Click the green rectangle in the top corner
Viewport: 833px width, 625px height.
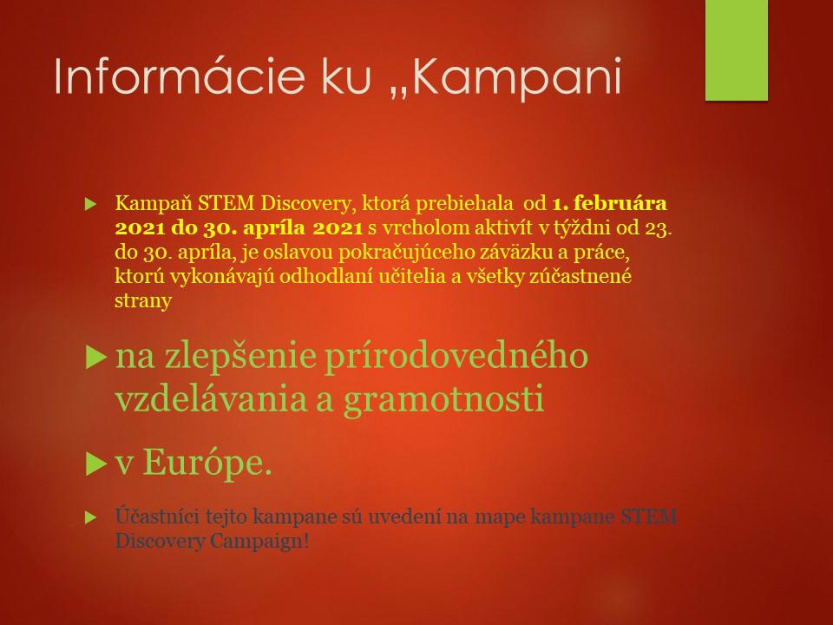pos(737,50)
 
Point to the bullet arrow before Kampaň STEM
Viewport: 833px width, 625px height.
pos(91,204)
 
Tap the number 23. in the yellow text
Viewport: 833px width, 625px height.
pos(659,228)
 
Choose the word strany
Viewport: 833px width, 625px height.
pos(143,301)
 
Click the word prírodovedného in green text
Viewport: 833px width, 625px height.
pos(456,357)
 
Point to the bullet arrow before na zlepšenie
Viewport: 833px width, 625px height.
pos(96,357)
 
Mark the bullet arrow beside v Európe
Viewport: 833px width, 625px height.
pos(96,464)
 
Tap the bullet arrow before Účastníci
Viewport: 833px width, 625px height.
pos(91,517)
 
